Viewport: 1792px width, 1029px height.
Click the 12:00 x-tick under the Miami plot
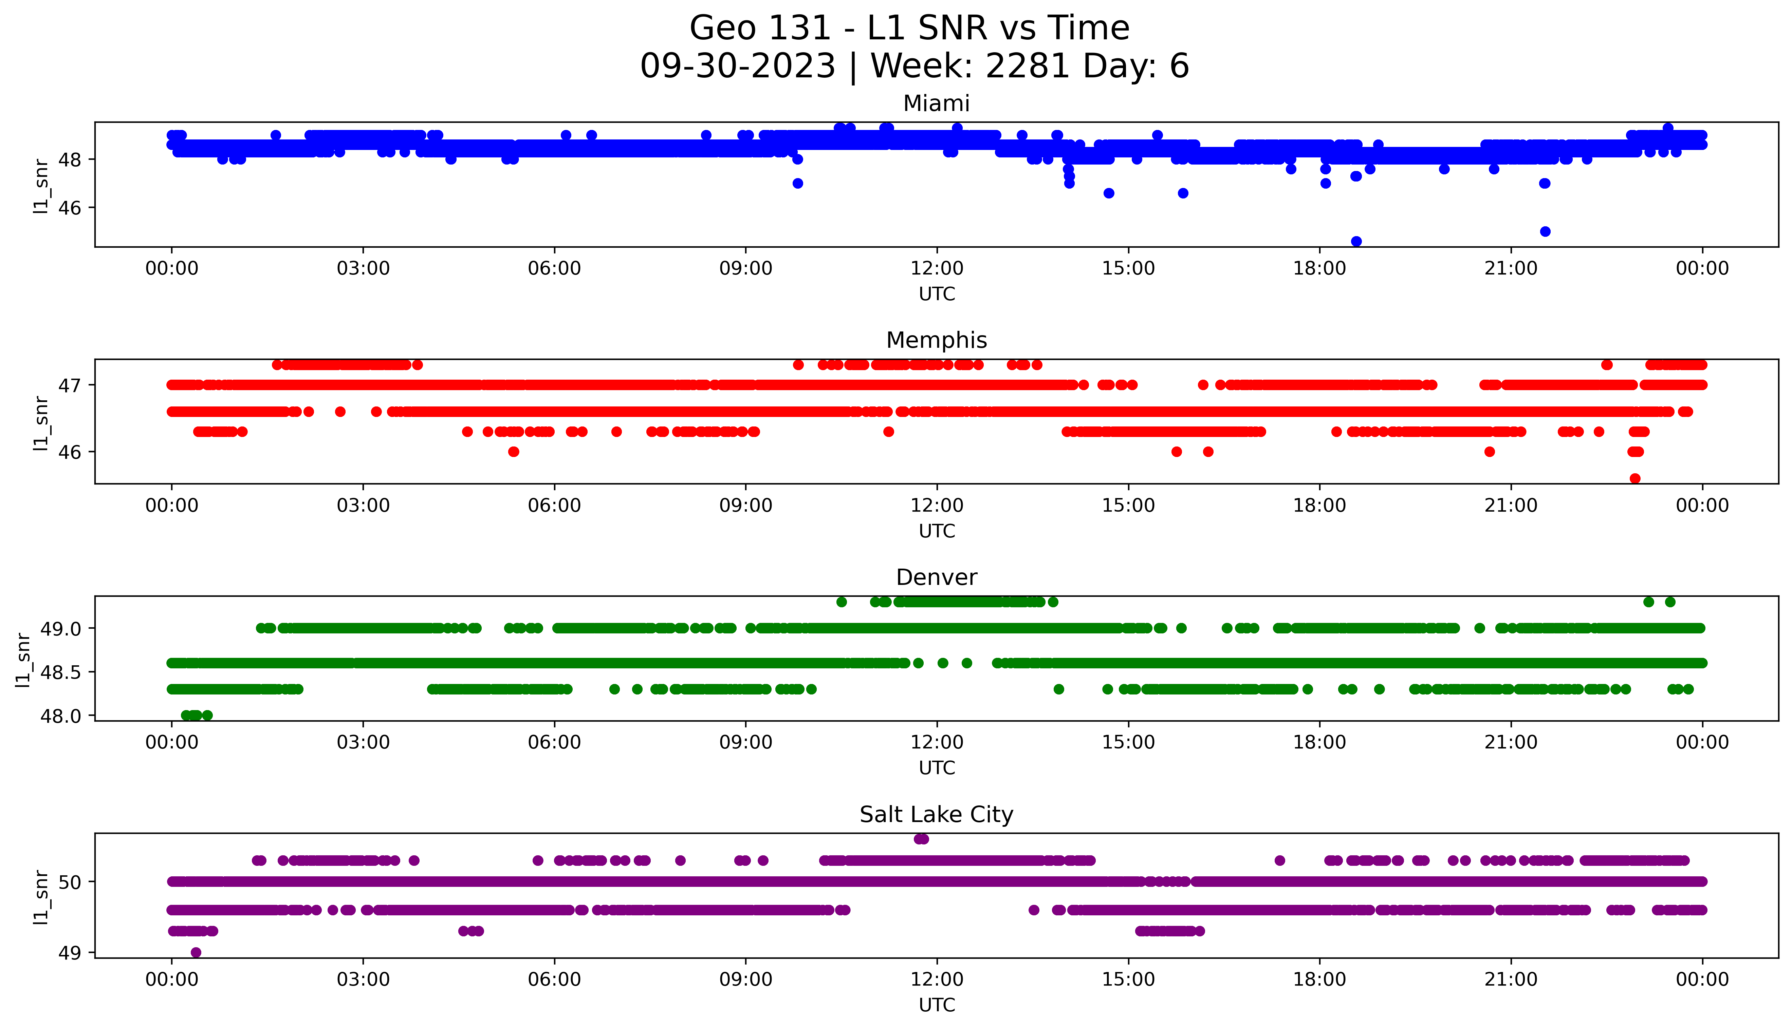tap(937, 269)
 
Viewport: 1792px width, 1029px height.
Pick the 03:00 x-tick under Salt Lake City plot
tap(363, 979)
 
